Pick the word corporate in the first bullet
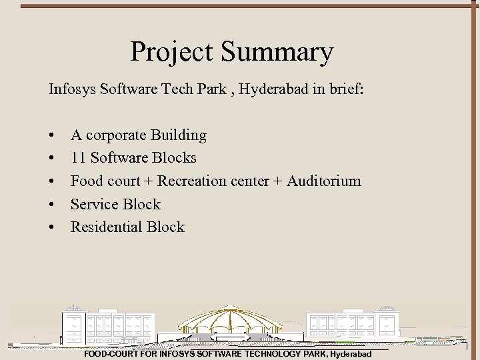[x=117, y=135]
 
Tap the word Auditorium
[x=324, y=181]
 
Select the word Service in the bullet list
[x=95, y=204]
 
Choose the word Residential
[x=107, y=227]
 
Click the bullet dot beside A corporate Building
[x=51, y=136]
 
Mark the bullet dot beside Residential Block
[x=51, y=228]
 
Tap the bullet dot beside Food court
[x=51, y=182]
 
